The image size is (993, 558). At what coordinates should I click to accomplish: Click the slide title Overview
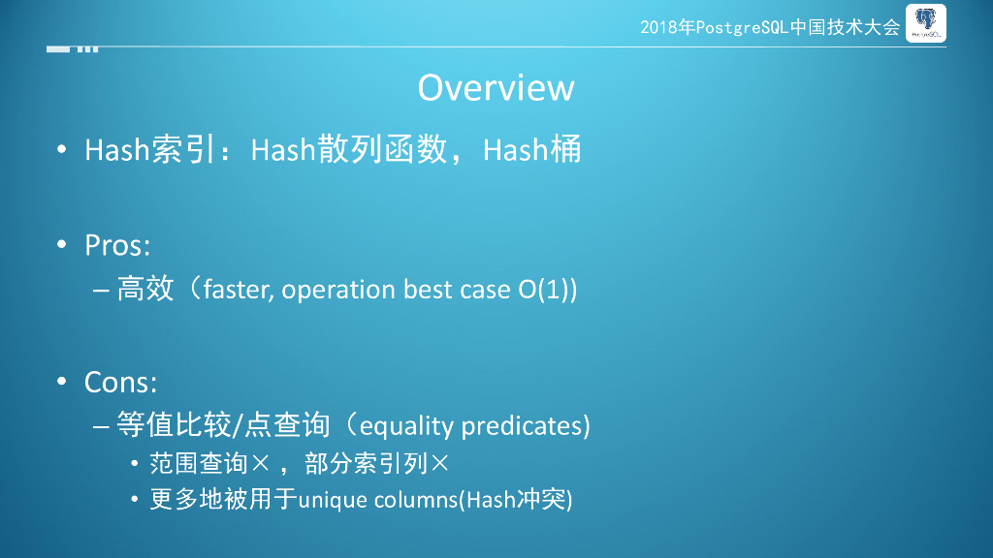click(x=496, y=87)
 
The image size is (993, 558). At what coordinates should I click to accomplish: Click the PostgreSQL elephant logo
click(x=926, y=23)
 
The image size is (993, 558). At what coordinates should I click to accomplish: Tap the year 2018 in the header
click(x=658, y=27)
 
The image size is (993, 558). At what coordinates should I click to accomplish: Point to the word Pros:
click(x=117, y=245)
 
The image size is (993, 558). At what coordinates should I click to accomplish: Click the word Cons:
click(x=120, y=382)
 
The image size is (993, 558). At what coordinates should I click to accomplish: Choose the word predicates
click(x=522, y=426)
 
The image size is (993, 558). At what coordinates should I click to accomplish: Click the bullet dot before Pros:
click(x=61, y=244)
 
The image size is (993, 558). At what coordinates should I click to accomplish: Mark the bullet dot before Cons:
click(x=61, y=381)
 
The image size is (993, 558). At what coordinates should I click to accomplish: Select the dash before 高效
click(x=101, y=291)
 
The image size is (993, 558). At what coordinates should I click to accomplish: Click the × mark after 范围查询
click(x=260, y=464)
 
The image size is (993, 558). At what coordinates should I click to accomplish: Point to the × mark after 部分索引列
click(x=439, y=464)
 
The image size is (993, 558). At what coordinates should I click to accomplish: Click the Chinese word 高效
click(x=145, y=289)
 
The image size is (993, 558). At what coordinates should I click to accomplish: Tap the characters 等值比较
click(x=175, y=424)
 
